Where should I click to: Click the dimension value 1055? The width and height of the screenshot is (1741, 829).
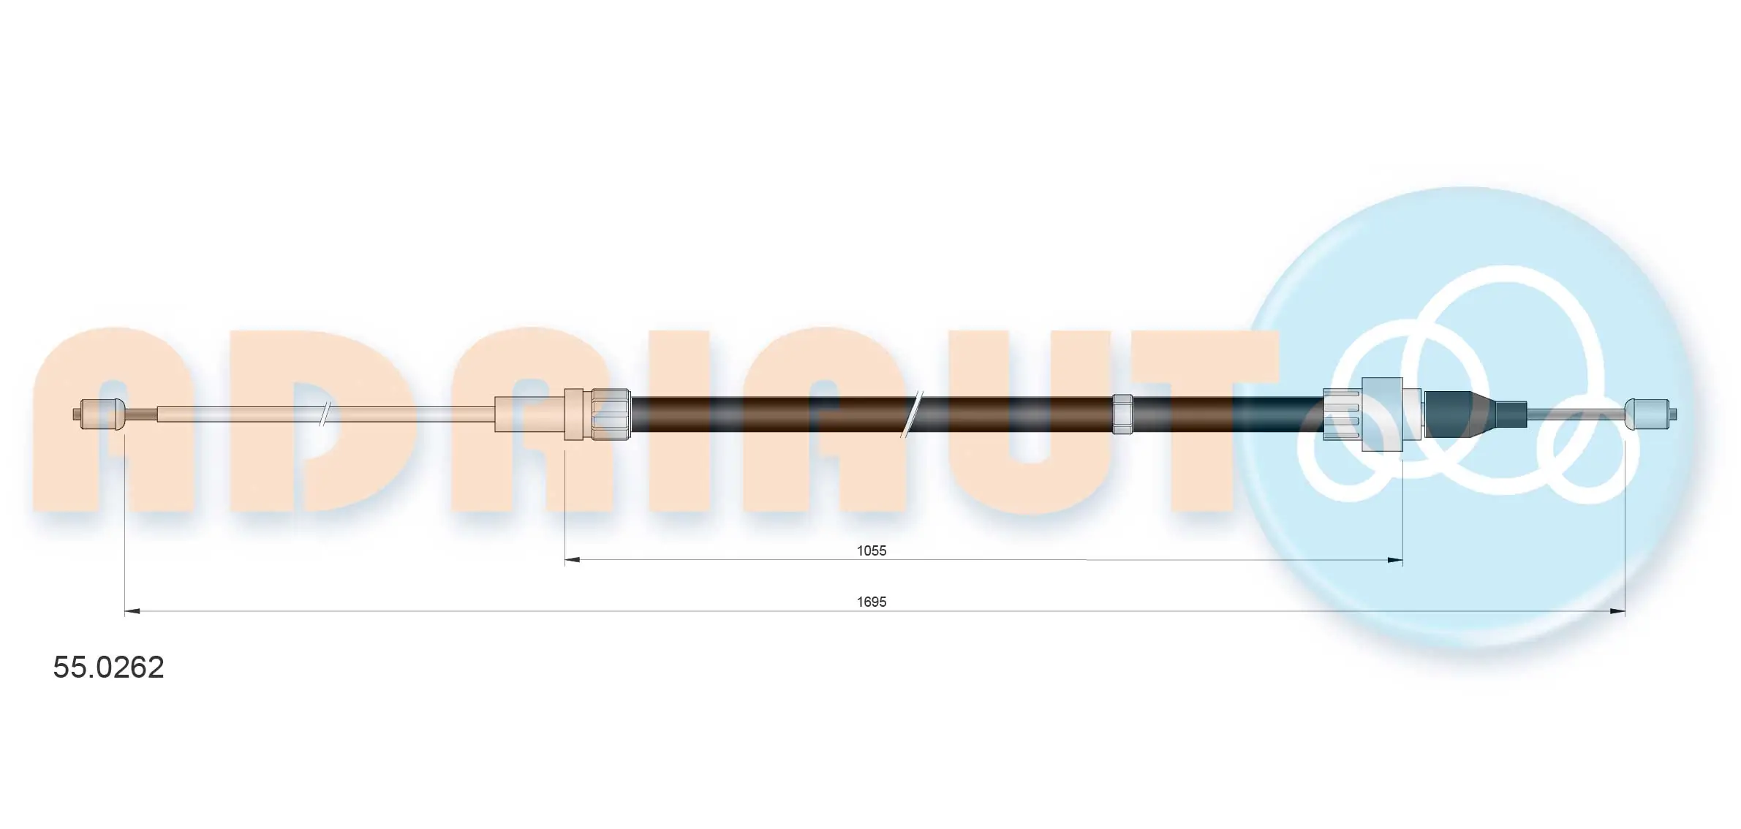871,550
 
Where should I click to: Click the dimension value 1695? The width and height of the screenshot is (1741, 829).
871,602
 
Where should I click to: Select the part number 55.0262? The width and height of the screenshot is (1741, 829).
108,667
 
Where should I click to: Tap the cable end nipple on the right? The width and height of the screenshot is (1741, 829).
1647,414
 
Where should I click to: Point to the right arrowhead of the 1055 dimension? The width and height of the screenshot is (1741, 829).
1395,560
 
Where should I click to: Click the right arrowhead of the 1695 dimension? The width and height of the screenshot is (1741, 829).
1617,611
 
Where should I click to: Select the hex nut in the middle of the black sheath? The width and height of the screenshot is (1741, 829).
1122,414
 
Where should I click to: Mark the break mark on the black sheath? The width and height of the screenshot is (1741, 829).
912,414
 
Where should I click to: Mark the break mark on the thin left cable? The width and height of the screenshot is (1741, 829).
326,414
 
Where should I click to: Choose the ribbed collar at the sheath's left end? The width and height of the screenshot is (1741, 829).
611,414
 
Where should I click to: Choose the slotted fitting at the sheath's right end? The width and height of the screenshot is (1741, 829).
1342,414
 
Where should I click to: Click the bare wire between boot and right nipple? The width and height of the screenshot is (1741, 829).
1576,414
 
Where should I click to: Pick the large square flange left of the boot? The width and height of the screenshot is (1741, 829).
1382,414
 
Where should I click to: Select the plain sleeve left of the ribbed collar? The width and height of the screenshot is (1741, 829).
529,414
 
